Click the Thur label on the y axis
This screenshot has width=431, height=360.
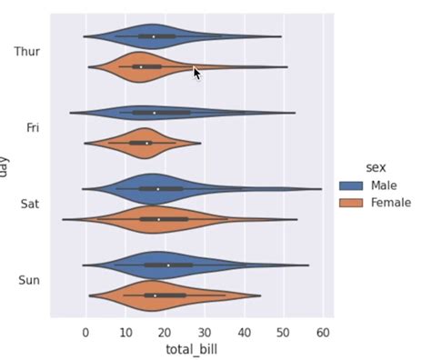pyautogui.click(x=27, y=52)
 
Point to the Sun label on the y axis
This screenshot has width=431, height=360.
pyautogui.click(x=29, y=280)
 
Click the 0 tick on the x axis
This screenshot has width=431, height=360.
pyautogui.click(x=85, y=333)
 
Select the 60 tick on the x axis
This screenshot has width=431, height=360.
pyautogui.click(x=322, y=333)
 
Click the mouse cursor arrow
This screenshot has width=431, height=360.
pyautogui.click(x=196, y=72)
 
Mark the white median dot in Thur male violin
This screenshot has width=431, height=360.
pyautogui.click(x=154, y=36)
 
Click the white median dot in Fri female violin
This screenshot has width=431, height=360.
pyautogui.click(x=146, y=143)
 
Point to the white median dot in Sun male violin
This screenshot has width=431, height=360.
pyautogui.click(x=168, y=265)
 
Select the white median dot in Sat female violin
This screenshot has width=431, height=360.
pyautogui.click(x=159, y=219)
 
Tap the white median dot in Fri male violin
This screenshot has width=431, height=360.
pyautogui.click(x=155, y=113)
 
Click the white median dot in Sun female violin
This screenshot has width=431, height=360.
pyautogui.click(x=155, y=295)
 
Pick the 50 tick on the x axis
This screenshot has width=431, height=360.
pyautogui.click(x=283, y=333)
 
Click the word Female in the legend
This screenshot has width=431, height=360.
pyautogui.click(x=391, y=203)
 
